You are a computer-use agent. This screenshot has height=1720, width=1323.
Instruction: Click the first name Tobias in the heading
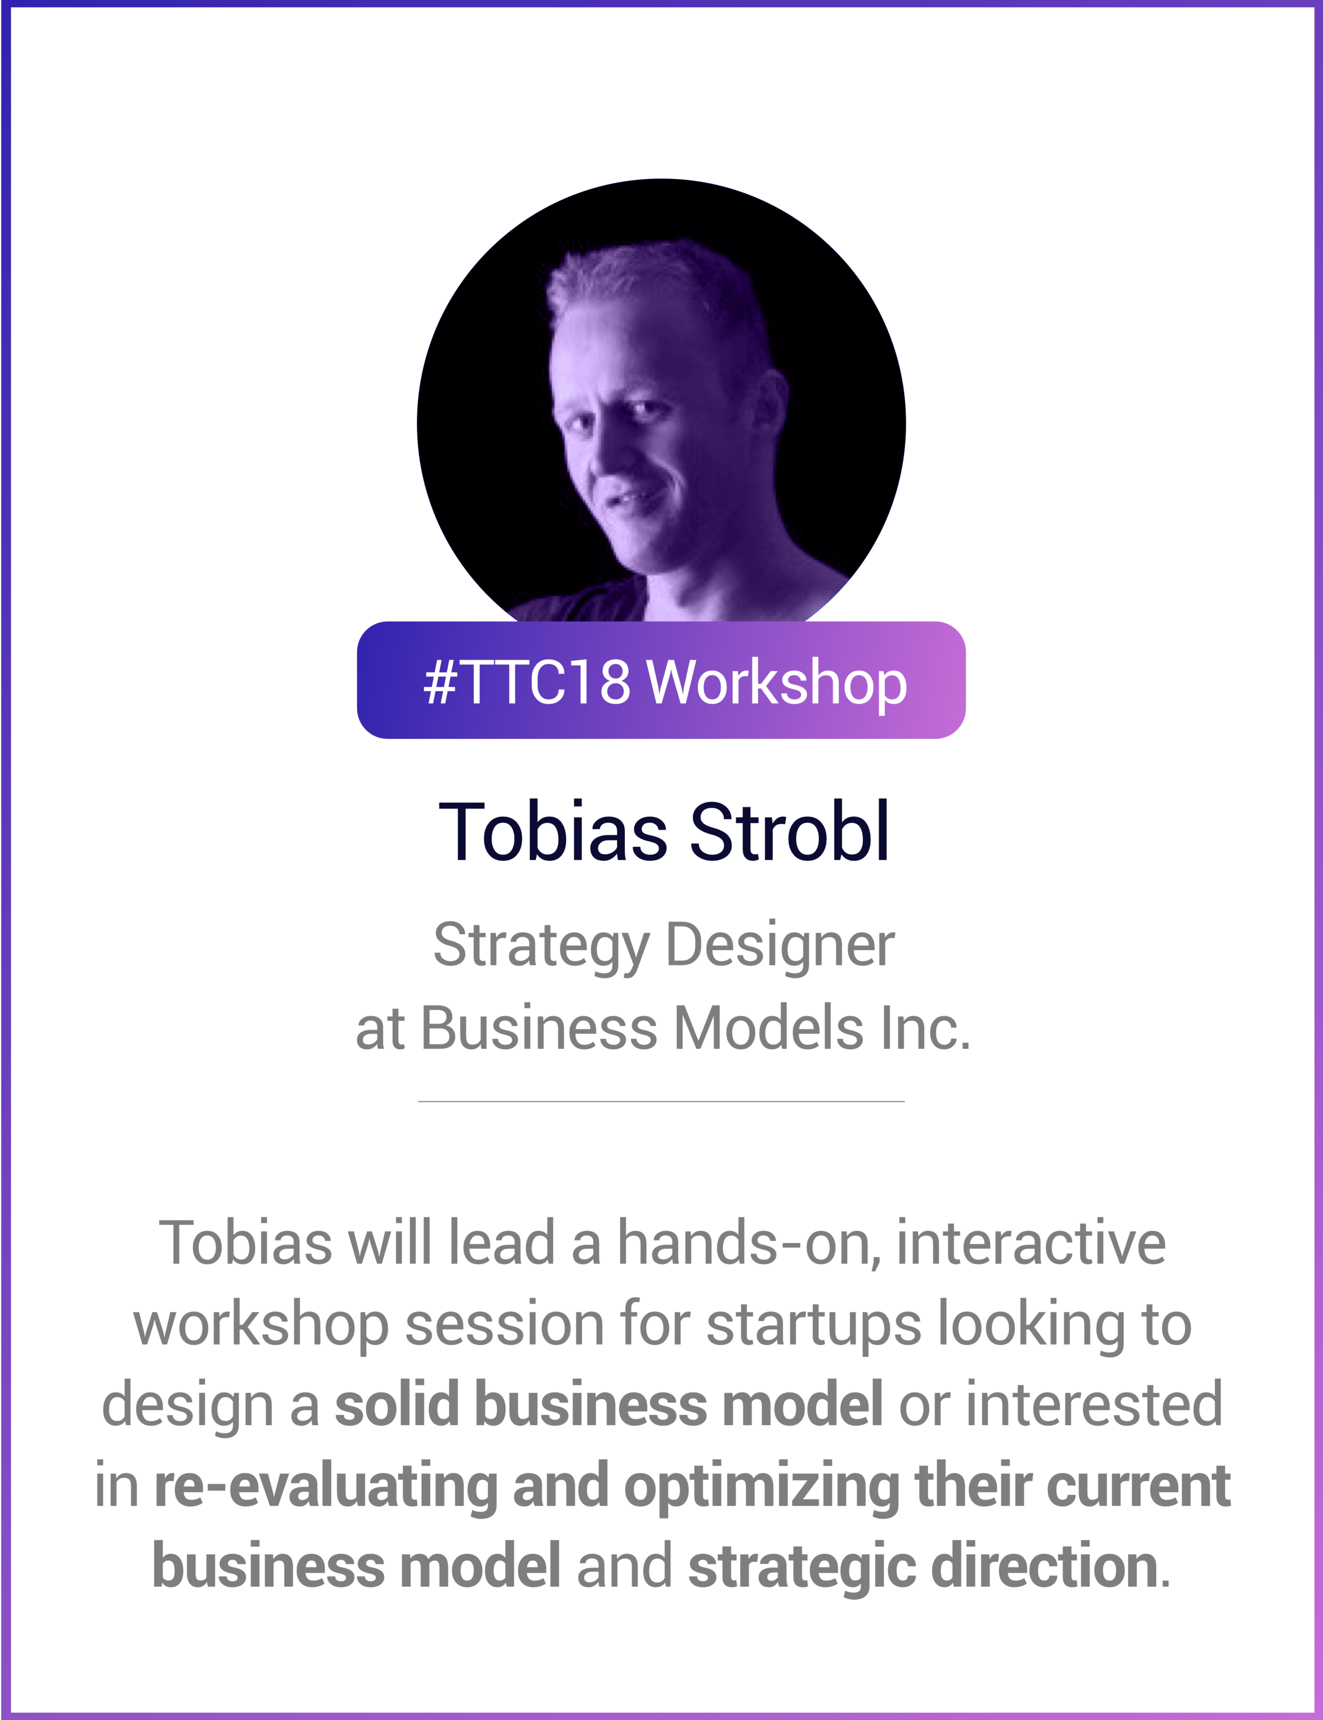pos(552,832)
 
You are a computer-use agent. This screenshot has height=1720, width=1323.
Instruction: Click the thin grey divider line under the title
pos(661,1101)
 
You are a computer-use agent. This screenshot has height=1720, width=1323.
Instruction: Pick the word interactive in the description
pos(1031,1244)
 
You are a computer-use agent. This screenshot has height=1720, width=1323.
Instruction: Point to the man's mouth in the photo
pos(630,501)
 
